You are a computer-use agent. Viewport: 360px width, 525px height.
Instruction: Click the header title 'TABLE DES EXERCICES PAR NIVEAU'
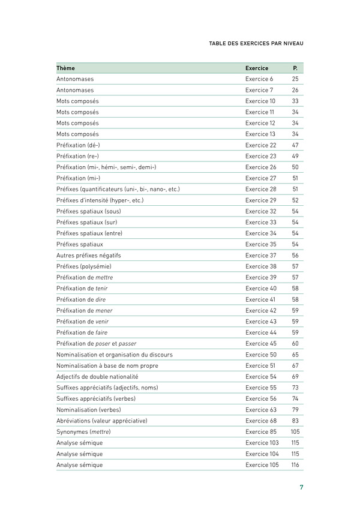pos(256,44)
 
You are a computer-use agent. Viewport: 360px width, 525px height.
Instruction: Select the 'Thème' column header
pos(65,68)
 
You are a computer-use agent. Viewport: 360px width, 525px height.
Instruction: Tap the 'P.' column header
pos(295,68)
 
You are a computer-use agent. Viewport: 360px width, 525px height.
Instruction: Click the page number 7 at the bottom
pos(301,487)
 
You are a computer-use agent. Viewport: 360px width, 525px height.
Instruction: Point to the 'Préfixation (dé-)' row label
pos(78,145)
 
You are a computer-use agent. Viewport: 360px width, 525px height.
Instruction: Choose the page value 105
pos(295,432)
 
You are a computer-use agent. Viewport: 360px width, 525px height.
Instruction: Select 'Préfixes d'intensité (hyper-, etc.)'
pos(100,200)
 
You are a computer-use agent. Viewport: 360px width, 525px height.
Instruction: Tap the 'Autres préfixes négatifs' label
pos(88,255)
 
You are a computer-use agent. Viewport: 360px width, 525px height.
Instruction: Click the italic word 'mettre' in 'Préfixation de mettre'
pos(104,277)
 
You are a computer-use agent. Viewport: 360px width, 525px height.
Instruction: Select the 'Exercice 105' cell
pos(262,465)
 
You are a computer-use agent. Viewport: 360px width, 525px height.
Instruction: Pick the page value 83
pos(295,421)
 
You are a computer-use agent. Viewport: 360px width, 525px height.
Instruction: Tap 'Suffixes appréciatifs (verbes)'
pos(96,399)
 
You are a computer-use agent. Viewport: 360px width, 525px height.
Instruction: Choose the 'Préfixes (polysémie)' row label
pos(84,266)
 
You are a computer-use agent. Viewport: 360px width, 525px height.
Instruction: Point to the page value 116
pos(295,465)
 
